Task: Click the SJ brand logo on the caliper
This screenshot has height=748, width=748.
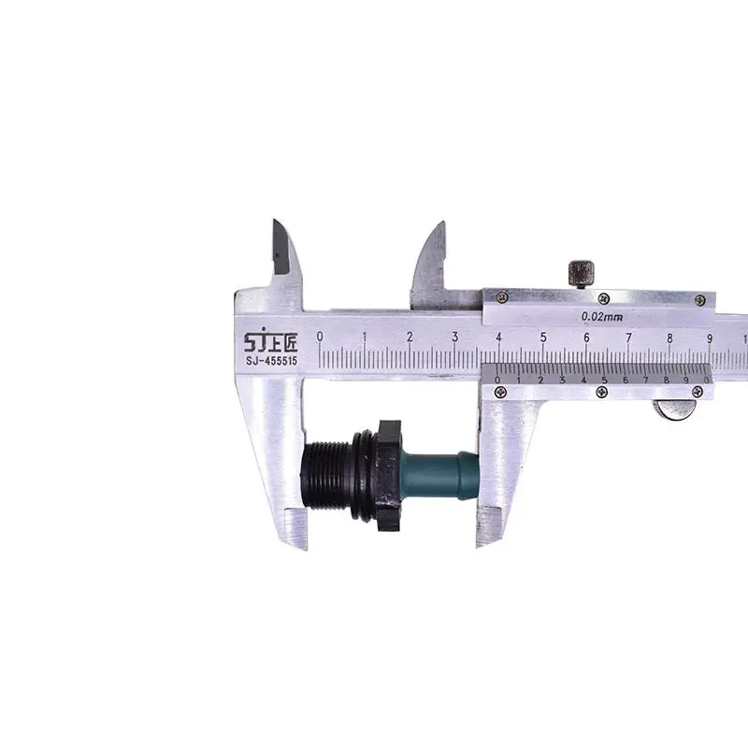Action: point(271,341)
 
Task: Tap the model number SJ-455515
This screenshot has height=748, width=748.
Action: point(271,361)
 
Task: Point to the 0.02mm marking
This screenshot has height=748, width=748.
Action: point(602,316)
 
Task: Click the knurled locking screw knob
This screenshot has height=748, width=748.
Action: point(581,273)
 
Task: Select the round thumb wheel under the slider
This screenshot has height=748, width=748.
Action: point(673,410)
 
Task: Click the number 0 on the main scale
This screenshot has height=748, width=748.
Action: point(320,337)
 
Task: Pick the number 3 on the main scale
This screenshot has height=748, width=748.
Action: point(454,337)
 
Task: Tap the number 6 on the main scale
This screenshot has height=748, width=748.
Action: point(586,337)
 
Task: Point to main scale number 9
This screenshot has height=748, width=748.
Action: point(710,338)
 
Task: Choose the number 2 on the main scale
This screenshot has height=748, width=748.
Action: point(410,337)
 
